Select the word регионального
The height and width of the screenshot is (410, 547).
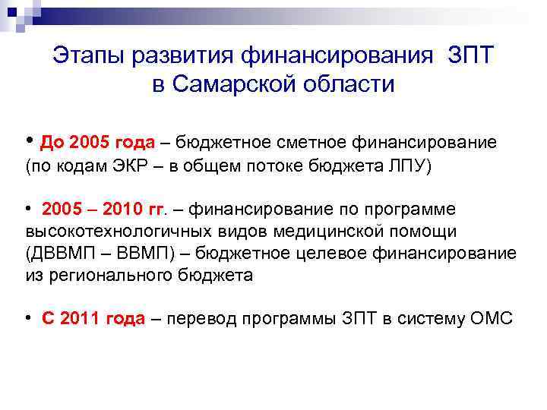coord(102,276)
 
